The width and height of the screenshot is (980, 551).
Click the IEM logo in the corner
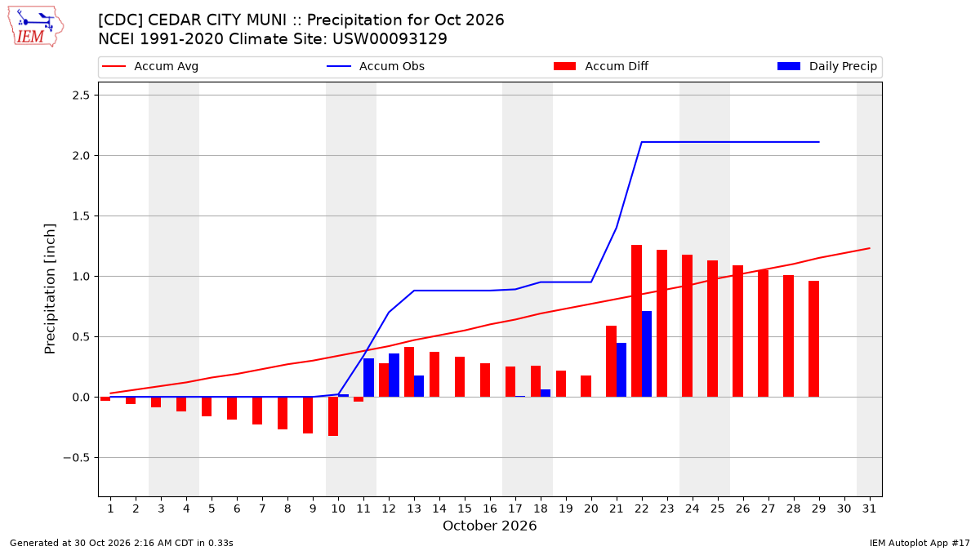[x=36, y=27]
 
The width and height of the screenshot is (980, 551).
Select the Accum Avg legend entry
[x=150, y=66]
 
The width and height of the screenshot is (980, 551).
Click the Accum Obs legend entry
[x=376, y=66]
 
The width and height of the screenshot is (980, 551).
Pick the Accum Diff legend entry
[x=601, y=66]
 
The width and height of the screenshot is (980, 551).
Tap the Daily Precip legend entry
[x=826, y=66]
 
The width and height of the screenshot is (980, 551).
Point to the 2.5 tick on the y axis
[x=81, y=96]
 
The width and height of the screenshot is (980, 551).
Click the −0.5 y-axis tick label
[x=76, y=458]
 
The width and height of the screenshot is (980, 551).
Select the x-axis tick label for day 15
[x=465, y=509]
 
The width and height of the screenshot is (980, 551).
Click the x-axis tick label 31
[x=869, y=509]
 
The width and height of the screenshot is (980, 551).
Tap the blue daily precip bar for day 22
[x=647, y=354]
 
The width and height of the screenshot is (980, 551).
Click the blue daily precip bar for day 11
[x=369, y=378]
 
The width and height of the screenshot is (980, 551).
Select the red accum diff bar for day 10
[x=333, y=416]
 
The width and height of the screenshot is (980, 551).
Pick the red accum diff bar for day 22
[x=636, y=321]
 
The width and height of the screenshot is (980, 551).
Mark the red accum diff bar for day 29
[x=813, y=339]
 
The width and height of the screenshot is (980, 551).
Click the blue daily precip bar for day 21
[x=621, y=370]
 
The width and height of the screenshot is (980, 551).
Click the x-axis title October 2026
[x=489, y=526]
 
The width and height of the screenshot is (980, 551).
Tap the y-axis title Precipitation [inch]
[x=50, y=289]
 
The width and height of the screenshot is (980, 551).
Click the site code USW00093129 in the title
[x=390, y=39]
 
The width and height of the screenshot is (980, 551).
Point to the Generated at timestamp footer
[x=122, y=543]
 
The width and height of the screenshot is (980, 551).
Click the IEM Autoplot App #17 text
[x=920, y=543]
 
